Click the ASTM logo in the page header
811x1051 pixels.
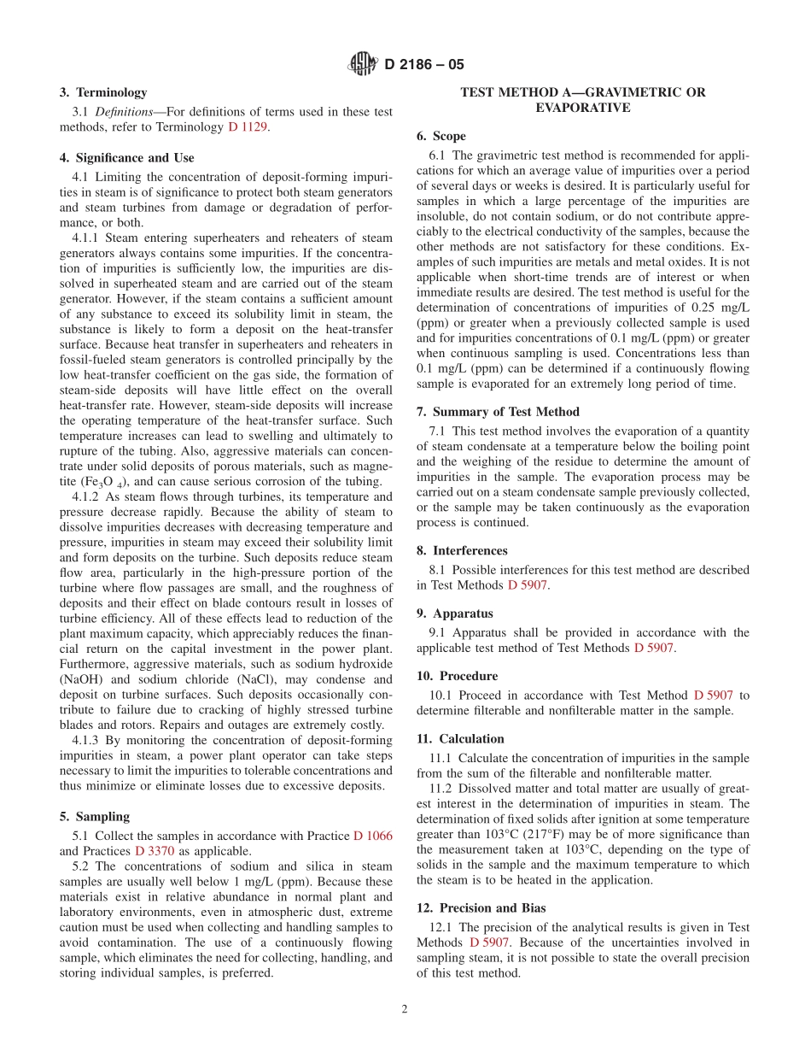364,64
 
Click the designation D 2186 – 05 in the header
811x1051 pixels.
424,65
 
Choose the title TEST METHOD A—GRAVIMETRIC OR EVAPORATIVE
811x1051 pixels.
583,100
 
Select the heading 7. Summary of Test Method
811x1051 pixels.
498,412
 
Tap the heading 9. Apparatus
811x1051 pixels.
454,614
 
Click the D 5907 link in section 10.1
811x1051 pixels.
713,695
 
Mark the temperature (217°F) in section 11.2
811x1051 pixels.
538,834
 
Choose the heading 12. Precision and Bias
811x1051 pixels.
481,908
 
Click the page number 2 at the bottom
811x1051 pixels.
405,1008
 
